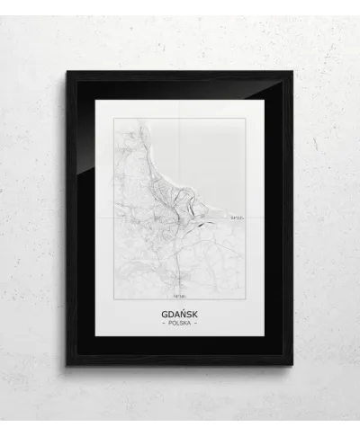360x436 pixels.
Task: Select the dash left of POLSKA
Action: (162, 322)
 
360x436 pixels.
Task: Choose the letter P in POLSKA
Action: (167, 322)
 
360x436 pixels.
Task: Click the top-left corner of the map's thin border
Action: (114, 118)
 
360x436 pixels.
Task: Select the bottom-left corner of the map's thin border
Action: (114, 298)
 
